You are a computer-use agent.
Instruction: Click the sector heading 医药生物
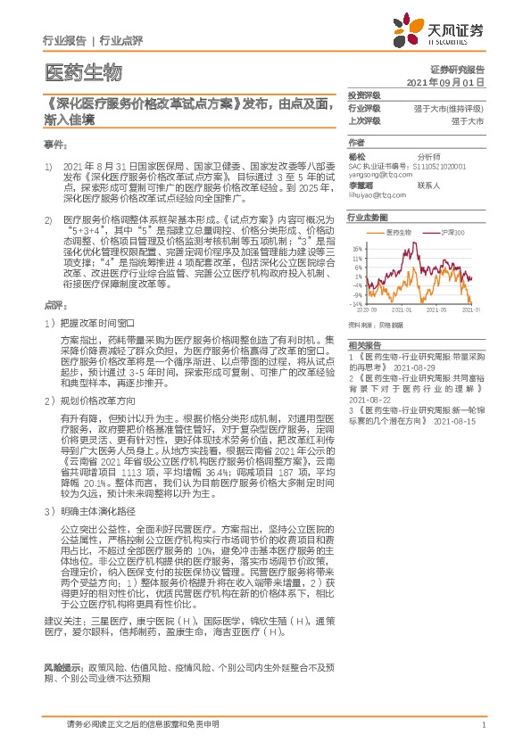click(82, 71)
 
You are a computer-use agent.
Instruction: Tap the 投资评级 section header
click(364, 95)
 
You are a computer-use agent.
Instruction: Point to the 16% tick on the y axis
click(356, 249)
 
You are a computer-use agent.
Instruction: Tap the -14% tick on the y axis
click(355, 305)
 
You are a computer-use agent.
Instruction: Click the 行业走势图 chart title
click(369, 217)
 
